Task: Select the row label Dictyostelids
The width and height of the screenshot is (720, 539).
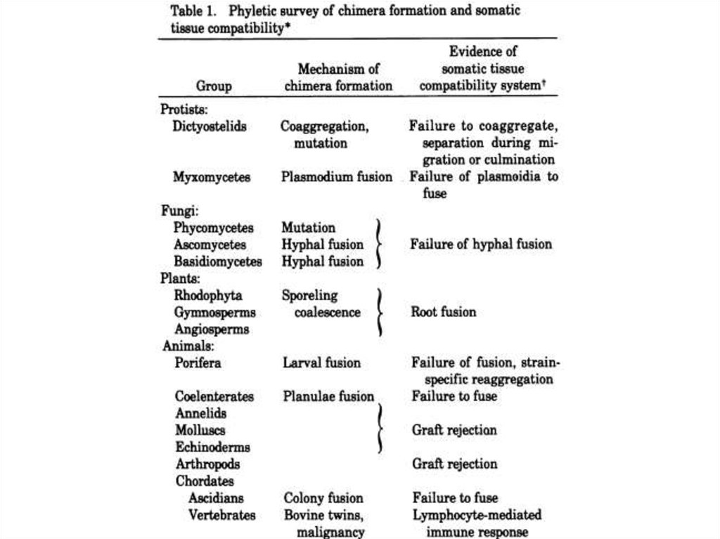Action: [x=210, y=126]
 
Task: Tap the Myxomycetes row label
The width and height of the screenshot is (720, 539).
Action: [x=212, y=177]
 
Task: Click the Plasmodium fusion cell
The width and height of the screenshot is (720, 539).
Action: [x=337, y=177]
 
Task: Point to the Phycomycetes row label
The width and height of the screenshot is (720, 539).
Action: [x=214, y=228]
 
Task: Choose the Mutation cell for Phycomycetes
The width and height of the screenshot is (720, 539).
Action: [x=308, y=228]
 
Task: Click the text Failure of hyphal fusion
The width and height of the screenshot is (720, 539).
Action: [x=481, y=245]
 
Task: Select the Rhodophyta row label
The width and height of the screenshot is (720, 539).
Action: [x=209, y=296]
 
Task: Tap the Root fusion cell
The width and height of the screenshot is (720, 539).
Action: [x=443, y=312]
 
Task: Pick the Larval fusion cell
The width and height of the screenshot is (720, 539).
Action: [x=321, y=363]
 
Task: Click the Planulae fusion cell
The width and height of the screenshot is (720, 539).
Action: [x=328, y=396]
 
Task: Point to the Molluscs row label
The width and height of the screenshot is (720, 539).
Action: [x=200, y=430]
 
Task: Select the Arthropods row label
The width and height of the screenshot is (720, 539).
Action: [x=207, y=464]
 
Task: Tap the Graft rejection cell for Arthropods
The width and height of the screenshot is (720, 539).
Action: [x=454, y=464]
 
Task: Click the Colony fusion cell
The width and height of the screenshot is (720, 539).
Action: [x=323, y=498]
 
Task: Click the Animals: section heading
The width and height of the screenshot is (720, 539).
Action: [x=188, y=346]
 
